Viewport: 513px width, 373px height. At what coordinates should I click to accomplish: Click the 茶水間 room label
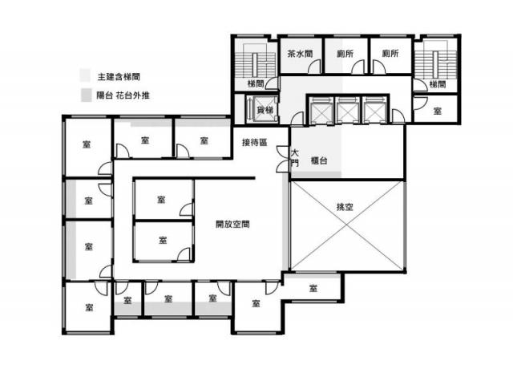point(300,54)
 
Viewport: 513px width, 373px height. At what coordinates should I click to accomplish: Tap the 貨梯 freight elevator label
point(265,110)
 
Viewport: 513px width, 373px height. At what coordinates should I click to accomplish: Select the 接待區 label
point(255,143)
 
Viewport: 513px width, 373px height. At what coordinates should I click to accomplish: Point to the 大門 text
point(295,158)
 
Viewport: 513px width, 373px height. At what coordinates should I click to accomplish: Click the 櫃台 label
point(319,160)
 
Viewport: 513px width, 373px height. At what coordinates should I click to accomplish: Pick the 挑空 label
point(345,207)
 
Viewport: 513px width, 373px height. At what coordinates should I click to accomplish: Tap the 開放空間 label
point(232,224)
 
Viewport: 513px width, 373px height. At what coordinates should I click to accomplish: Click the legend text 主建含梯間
point(119,77)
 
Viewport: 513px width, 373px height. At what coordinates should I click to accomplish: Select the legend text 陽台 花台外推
point(123,95)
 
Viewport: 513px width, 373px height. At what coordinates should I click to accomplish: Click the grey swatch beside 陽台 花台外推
point(87,95)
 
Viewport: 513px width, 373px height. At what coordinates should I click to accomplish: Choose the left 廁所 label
point(345,54)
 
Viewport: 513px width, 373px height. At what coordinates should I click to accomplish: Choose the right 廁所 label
point(390,53)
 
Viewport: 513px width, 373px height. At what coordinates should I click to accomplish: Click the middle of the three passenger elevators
point(347,111)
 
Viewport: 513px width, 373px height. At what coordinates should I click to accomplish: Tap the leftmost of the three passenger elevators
point(321,111)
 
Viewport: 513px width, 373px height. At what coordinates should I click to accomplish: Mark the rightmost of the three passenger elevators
point(374,111)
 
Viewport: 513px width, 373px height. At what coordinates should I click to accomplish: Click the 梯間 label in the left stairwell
point(256,83)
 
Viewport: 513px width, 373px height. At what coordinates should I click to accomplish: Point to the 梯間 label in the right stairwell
point(438,84)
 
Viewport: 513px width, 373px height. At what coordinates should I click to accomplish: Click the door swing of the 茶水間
point(315,67)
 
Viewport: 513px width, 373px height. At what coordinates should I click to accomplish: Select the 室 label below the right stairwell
point(438,111)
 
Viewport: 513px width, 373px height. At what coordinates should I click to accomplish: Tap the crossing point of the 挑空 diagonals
point(347,226)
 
